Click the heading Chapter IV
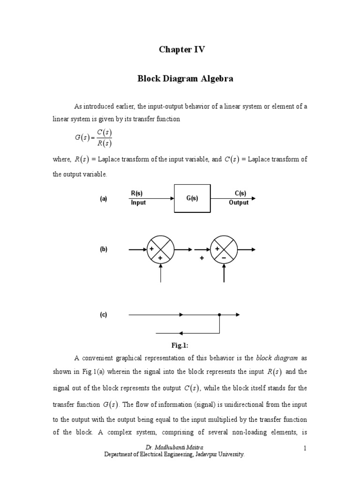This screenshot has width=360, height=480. click(x=180, y=50)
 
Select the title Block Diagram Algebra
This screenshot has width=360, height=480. click(x=185, y=79)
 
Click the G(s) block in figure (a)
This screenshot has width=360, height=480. click(x=192, y=198)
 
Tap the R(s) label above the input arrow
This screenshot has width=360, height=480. click(x=137, y=194)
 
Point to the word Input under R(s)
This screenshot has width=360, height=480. click(x=138, y=203)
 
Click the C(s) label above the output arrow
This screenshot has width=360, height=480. click(x=240, y=194)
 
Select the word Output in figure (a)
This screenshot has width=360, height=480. click(x=239, y=203)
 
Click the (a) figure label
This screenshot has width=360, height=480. click(x=104, y=199)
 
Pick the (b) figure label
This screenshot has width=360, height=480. click(x=104, y=249)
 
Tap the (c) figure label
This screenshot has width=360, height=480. click(x=104, y=315)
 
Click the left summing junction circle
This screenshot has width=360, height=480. click(x=161, y=249)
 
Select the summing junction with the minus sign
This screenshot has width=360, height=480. click(x=224, y=249)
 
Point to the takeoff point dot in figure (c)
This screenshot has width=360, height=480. click(x=219, y=315)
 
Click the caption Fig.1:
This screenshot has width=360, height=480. click(x=180, y=345)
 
